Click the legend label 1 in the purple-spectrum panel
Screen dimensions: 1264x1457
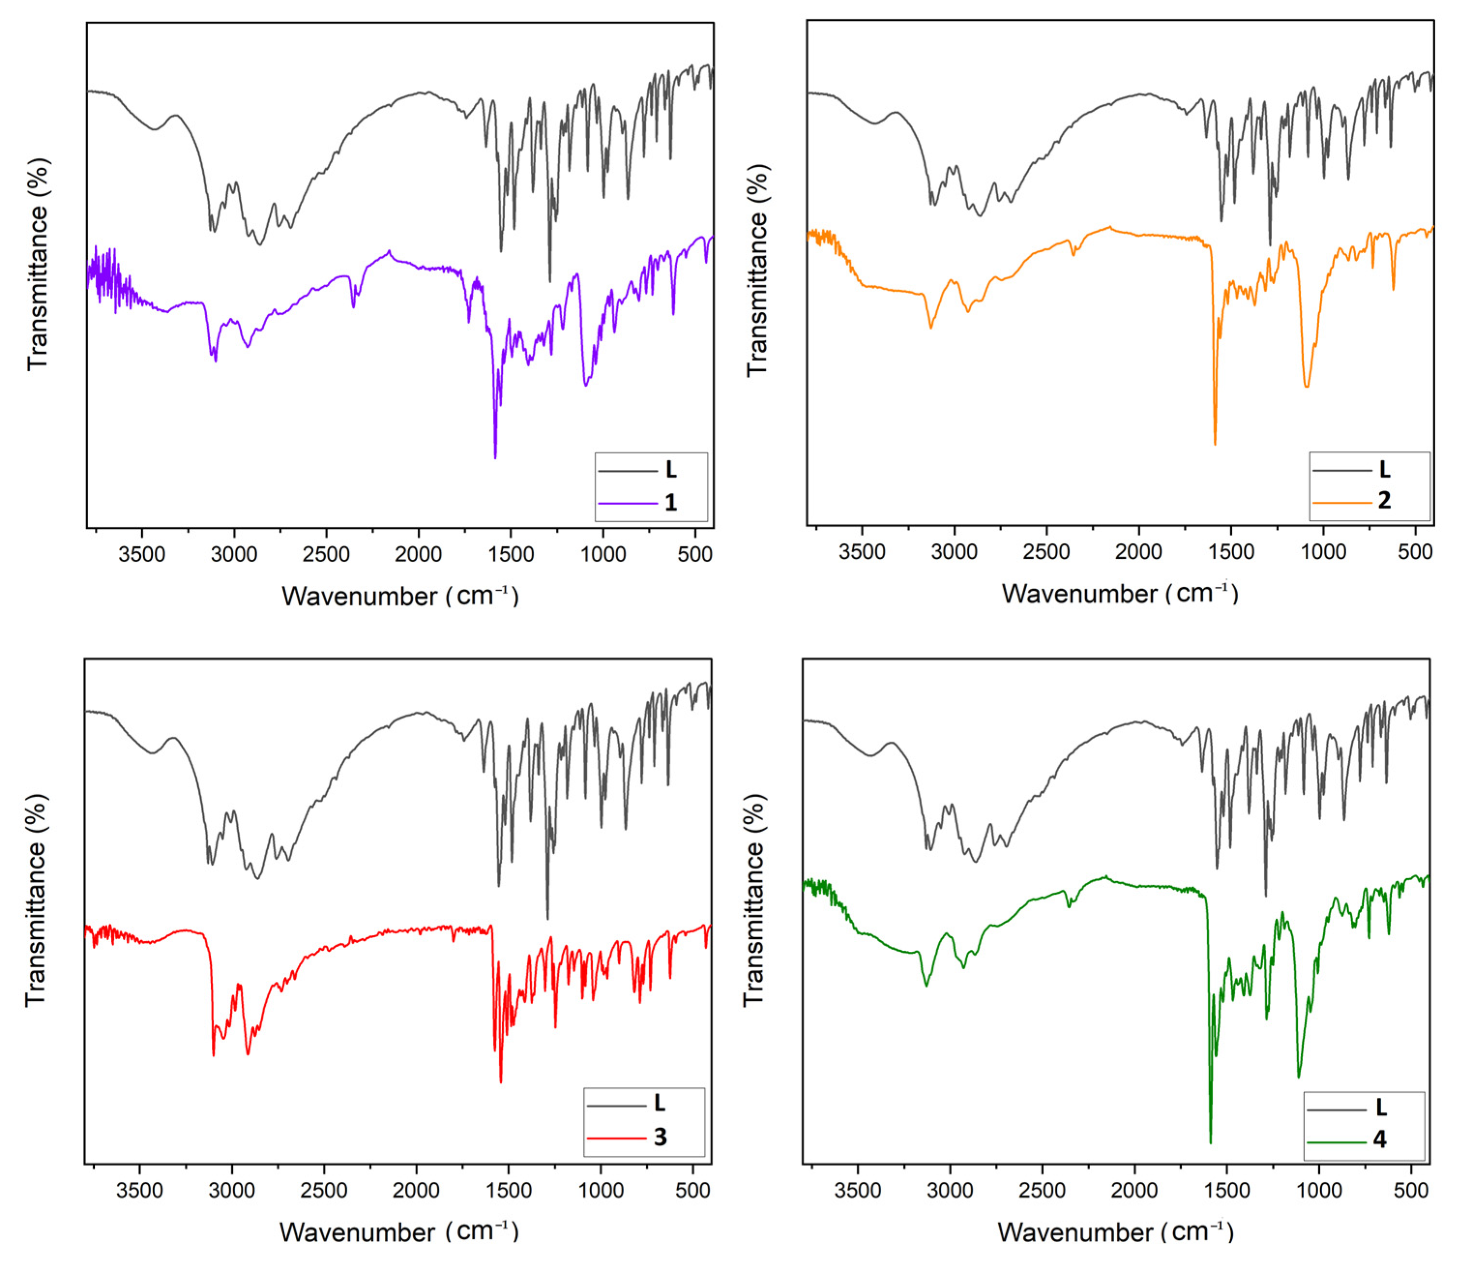[x=670, y=503]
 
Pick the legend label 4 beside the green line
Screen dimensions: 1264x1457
[x=1380, y=1139]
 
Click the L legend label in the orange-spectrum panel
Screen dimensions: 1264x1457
[x=1384, y=469]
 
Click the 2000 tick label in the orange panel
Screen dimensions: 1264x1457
[x=1138, y=551]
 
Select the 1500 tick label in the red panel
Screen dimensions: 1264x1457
[x=509, y=1190]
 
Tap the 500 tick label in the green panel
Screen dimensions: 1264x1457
[x=1411, y=1190]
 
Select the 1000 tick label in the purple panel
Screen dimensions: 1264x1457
[x=603, y=554]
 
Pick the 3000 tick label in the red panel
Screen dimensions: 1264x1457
[x=232, y=1190]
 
